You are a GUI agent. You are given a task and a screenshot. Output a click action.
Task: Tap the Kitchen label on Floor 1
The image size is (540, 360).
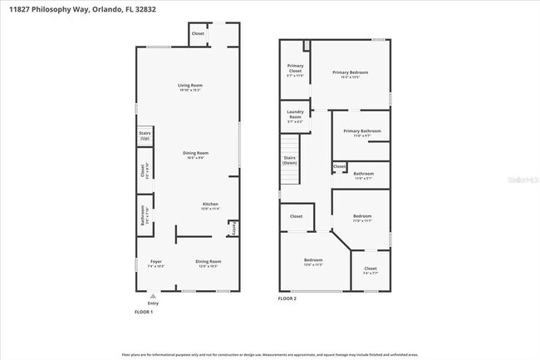[210, 206]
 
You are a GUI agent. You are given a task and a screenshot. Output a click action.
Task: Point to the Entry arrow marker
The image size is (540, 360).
[152, 295]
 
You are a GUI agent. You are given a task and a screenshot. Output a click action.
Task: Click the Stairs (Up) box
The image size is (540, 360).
[145, 136]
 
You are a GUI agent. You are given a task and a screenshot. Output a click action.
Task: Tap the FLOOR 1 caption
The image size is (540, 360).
[144, 312]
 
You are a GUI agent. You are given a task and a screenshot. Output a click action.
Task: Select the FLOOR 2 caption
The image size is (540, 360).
[287, 298]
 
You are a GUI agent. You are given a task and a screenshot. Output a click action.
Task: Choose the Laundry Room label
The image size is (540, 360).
[295, 116]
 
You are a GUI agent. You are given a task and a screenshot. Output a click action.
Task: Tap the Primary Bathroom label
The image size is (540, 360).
[362, 132]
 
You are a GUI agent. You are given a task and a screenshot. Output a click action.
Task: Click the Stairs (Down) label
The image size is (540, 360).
[290, 160]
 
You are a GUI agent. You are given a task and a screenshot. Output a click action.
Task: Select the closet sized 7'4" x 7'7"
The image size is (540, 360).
[371, 270]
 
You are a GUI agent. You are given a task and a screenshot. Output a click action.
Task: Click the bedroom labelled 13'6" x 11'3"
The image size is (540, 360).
[312, 263]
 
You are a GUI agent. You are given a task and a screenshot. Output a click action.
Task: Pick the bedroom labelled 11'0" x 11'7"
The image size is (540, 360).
[362, 218]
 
